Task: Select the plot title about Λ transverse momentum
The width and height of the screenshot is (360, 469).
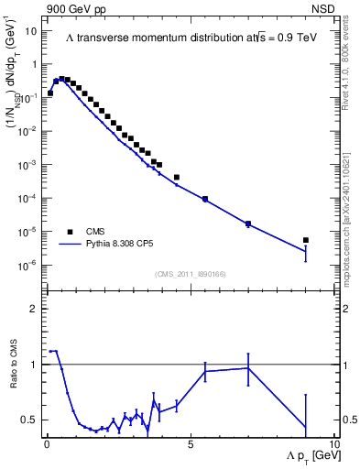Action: (189, 37)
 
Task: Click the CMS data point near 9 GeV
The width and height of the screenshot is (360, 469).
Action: (305, 240)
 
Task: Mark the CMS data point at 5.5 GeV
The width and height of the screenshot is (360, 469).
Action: (205, 199)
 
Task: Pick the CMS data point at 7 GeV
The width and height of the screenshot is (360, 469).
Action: (248, 224)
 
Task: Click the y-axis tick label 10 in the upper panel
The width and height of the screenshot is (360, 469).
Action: (30, 31)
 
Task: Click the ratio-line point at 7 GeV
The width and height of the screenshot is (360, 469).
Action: (248, 368)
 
